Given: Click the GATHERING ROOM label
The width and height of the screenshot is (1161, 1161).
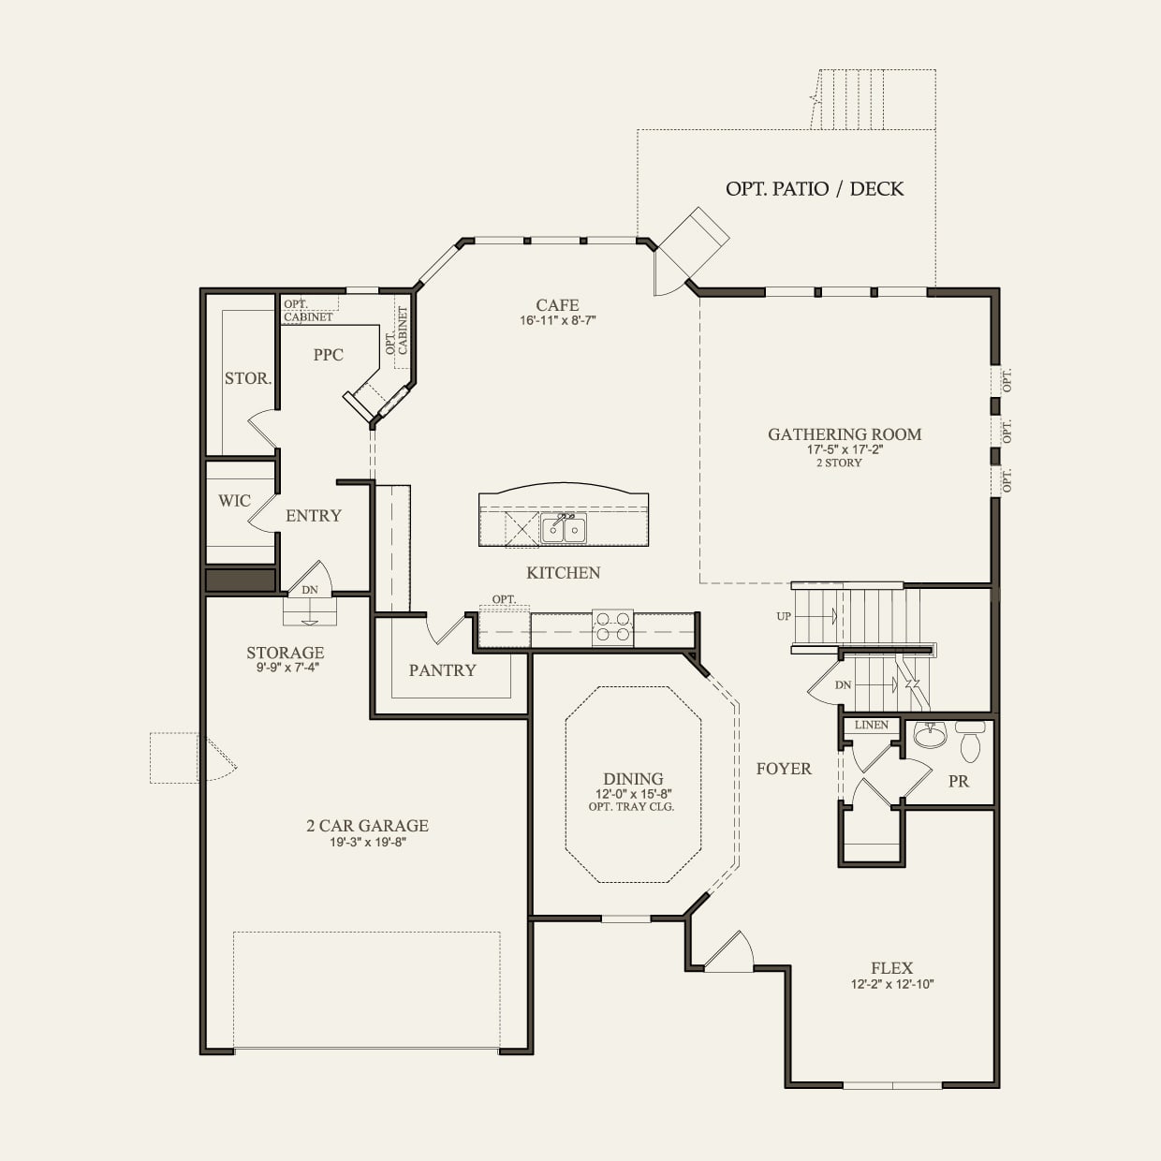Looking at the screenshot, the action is pyautogui.click(x=845, y=434).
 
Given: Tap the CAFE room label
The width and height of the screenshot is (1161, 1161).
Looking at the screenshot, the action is pyautogui.click(x=557, y=305).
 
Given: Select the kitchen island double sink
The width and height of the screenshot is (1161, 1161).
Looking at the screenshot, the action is pyautogui.click(x=564, y=529).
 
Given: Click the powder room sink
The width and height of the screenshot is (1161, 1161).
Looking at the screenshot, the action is pyautogui.click(x=931, y=734).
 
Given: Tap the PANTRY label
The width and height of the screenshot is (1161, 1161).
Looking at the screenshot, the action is pyautogui.click(x=442, y=670).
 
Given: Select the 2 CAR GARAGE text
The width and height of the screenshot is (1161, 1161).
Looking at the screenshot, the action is pyautogui.click(x=368, y=826).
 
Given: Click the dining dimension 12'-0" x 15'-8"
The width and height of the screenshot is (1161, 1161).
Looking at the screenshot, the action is pyautogui.click(x=633, y=794).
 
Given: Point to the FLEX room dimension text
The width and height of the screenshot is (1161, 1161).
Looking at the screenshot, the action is pyautogui.click(x=892, y=984).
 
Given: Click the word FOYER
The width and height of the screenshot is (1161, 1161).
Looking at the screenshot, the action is pyautogui.click(x=784, y=768).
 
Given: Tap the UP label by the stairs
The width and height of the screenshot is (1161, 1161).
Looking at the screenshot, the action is pyautogui.click(x=784, y=616).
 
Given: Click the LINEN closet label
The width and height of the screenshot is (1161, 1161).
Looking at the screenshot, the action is pyautogui.click(x=871, y=725).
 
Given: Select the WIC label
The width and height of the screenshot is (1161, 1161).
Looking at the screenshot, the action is pyautogui.click(x=234, y=501).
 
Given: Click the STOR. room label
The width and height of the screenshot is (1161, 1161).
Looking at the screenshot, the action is pyautogui.click(x=247, y=378).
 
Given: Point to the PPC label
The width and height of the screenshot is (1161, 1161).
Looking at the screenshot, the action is pyautogui.click(x=329, y=354).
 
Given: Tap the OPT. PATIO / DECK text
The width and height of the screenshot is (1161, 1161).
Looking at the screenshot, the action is pyautogui.click(x=815, y=188).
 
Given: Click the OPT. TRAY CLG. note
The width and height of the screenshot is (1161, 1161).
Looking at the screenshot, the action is pyautogui.click(x=631, y=807).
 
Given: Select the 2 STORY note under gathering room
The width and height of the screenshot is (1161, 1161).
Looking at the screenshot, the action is pyautogui.click(x=839, y=463).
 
